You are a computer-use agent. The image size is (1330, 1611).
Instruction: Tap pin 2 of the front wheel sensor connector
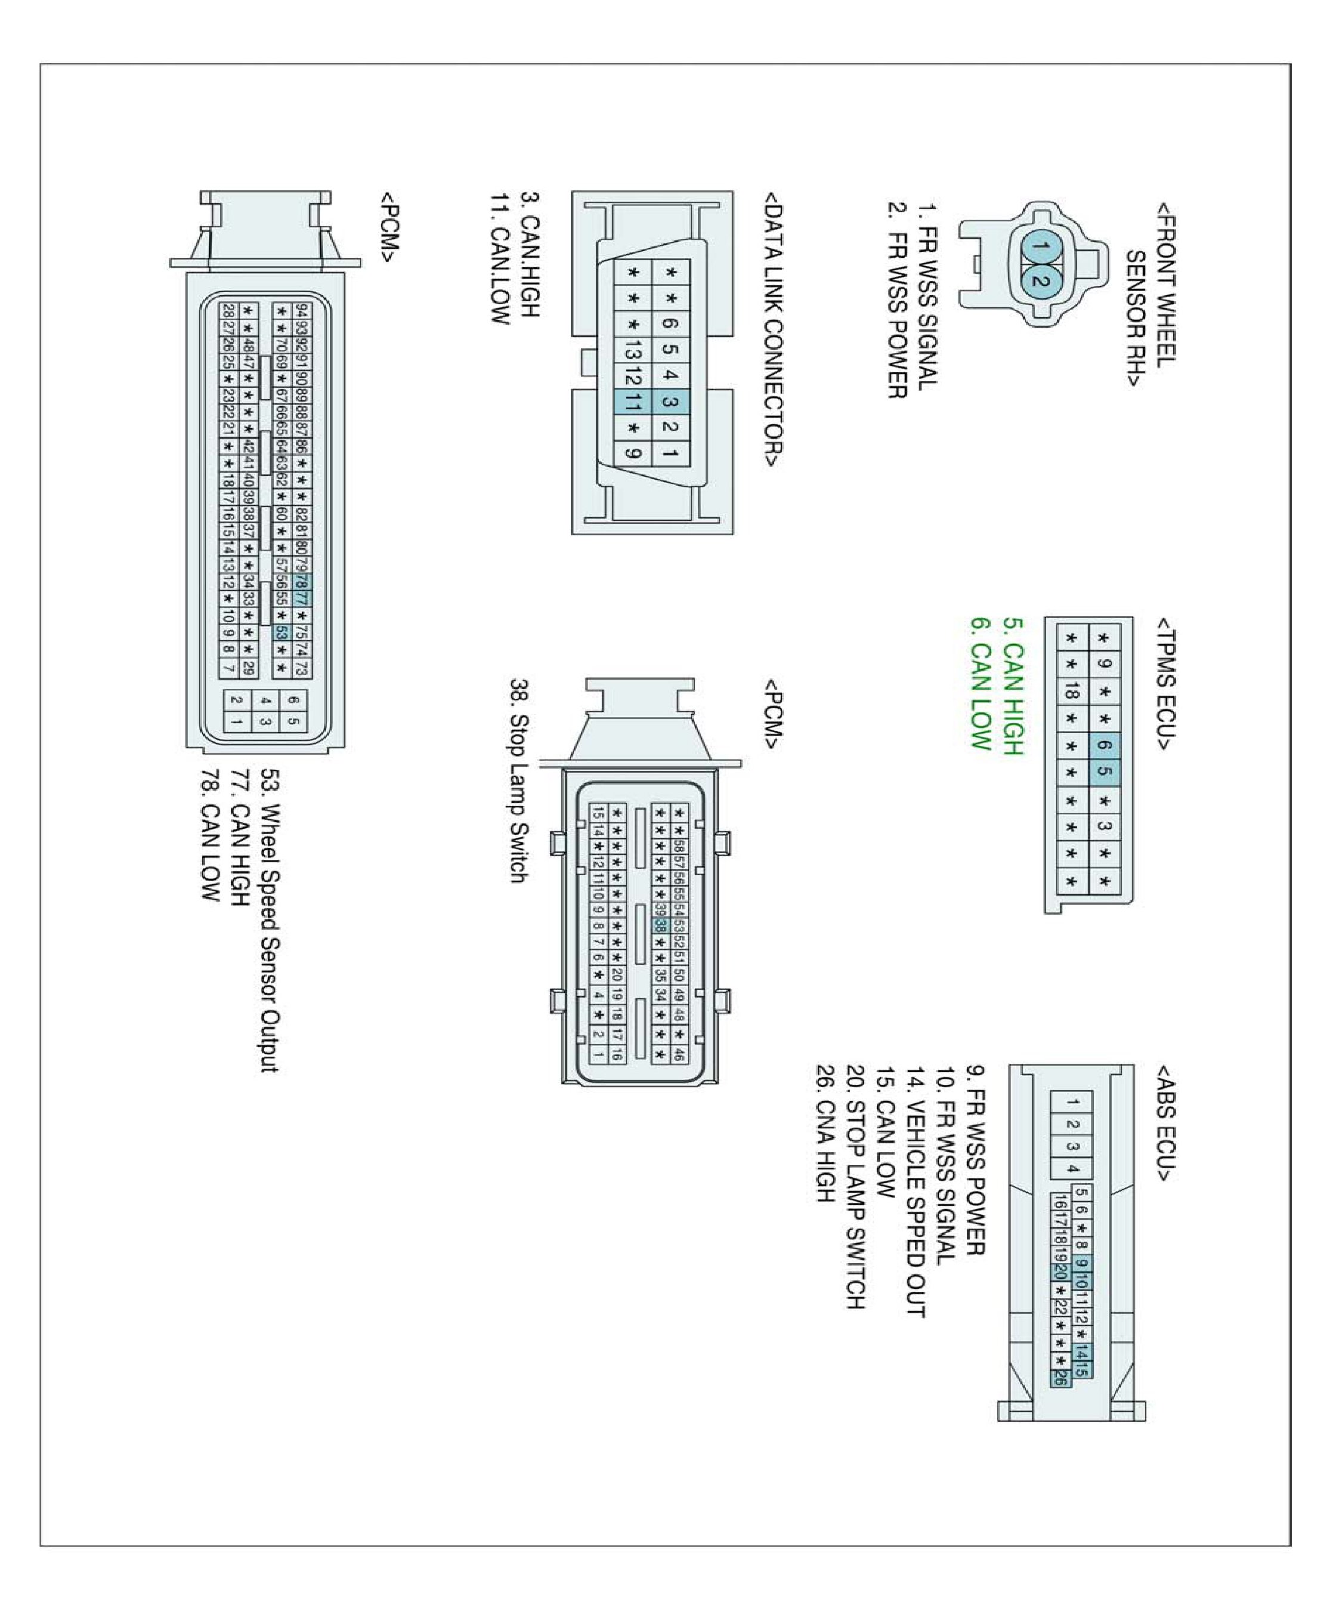(1039, 280)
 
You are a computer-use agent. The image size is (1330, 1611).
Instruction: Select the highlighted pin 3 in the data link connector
(670, 402)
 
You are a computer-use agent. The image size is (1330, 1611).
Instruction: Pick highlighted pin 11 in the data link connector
(632, 402)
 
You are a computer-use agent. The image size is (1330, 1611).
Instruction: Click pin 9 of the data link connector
(632, 453)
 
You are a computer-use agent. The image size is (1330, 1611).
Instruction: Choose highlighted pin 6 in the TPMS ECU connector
(1104, 745)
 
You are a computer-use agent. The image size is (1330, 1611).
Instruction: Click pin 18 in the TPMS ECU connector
(1071, 693)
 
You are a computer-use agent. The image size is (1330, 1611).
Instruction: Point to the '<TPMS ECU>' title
(1165, 683)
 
